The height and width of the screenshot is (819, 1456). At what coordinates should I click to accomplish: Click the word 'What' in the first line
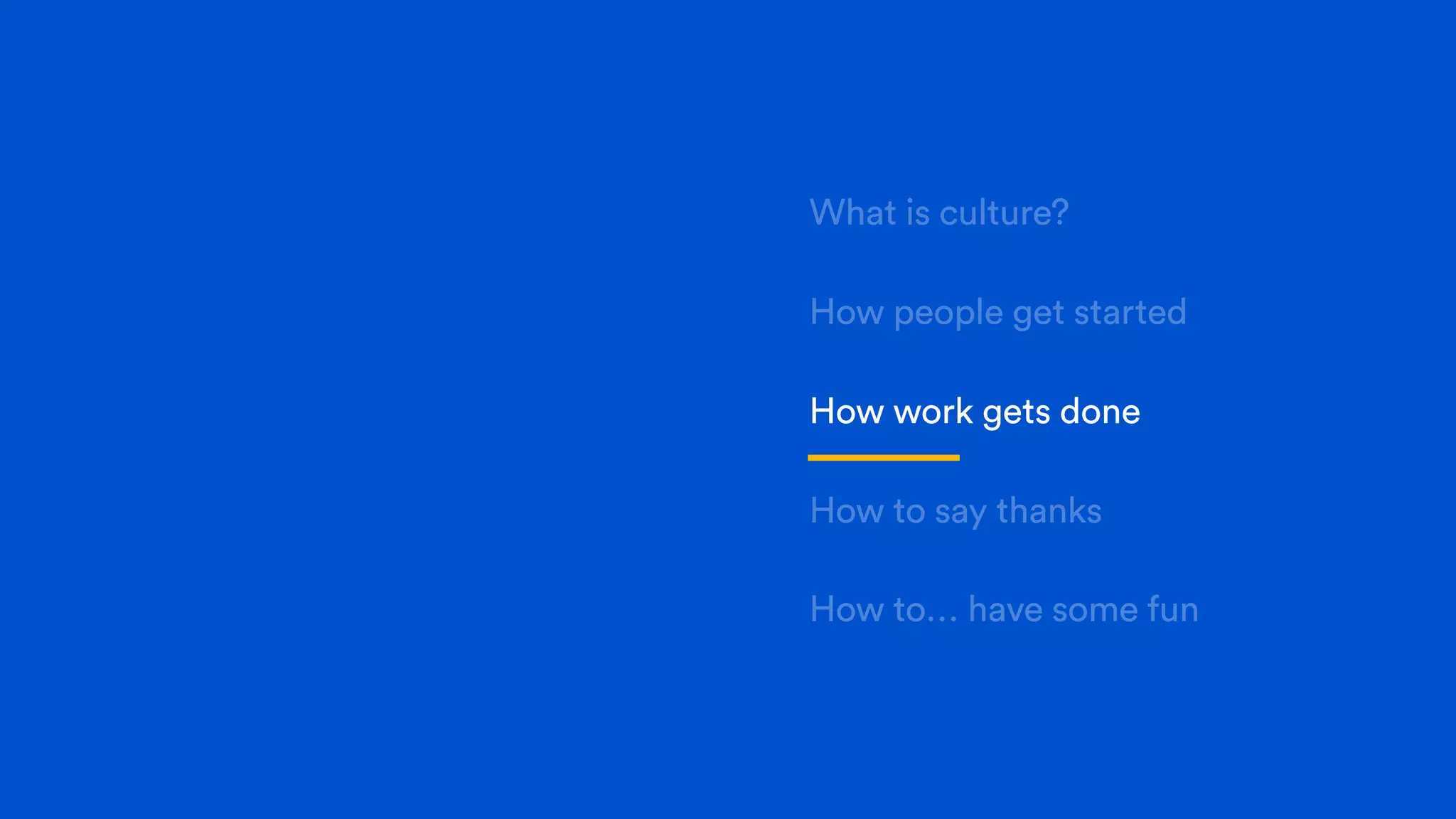coord(853,213)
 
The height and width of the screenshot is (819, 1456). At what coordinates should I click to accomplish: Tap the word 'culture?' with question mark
coord(1004,213)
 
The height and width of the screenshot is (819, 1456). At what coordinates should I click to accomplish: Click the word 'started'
coord(1130,312)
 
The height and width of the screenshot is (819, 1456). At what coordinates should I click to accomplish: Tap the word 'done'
coord(1100,412)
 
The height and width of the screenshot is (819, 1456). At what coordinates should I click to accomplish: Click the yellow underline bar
coord(883,458)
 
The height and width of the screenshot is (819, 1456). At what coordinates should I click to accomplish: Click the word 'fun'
coord(1172,610)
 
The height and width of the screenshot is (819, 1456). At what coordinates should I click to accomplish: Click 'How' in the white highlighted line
coord(846,412)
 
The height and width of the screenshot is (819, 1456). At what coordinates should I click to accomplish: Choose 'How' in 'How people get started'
coord(846,312)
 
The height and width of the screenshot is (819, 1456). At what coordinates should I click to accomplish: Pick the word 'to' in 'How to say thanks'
coord(909,511)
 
